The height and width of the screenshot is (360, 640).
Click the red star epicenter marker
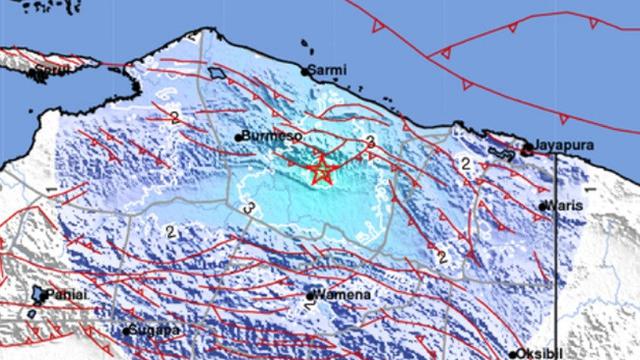[321, 171]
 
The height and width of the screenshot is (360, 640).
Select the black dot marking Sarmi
[306, 71]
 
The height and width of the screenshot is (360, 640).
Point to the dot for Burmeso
[239, 137]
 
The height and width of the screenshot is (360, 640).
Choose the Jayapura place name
[563, 146]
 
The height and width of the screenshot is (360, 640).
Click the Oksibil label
[541, 353]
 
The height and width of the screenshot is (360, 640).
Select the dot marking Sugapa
[127, 329]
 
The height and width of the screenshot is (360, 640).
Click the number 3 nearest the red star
[371, 141]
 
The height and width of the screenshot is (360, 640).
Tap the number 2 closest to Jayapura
[465, 162]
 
